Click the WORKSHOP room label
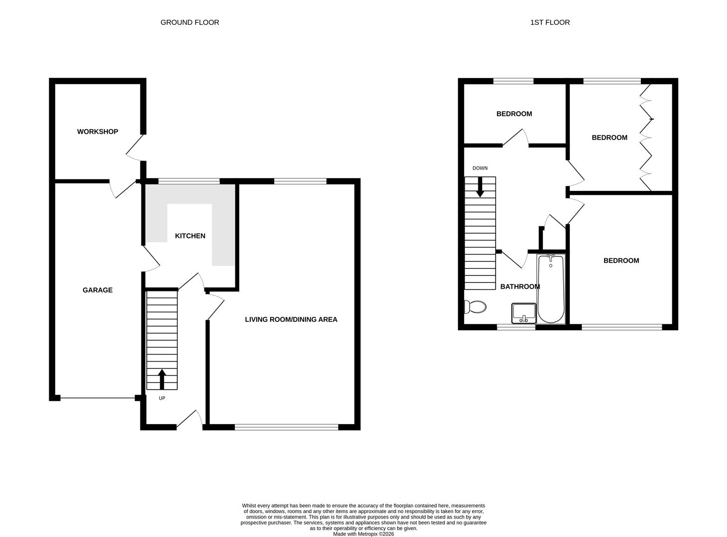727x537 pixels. [x=98, y=132]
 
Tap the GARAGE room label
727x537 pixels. [x=98, y=290]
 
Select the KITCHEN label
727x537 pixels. [x=190, y=236]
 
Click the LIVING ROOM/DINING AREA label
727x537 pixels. [x=291, y=319]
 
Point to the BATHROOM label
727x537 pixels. [x=520, y=286]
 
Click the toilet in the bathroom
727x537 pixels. [x=475, y=307]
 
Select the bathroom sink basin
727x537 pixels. [x=523, y=313]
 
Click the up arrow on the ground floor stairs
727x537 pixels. [x=162, y=379]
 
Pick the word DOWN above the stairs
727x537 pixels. [x=480, y=168]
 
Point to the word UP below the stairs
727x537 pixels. [x=162, y=398]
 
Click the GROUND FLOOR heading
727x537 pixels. [x=190, y=22]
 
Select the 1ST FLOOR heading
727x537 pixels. [x=550, y=22]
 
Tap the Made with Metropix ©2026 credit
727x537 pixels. [x=363, y=534]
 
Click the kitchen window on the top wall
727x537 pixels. [x=189, y=181]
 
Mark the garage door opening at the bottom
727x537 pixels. [x=98, y=398]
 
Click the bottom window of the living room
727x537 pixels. [x=286, y=427]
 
